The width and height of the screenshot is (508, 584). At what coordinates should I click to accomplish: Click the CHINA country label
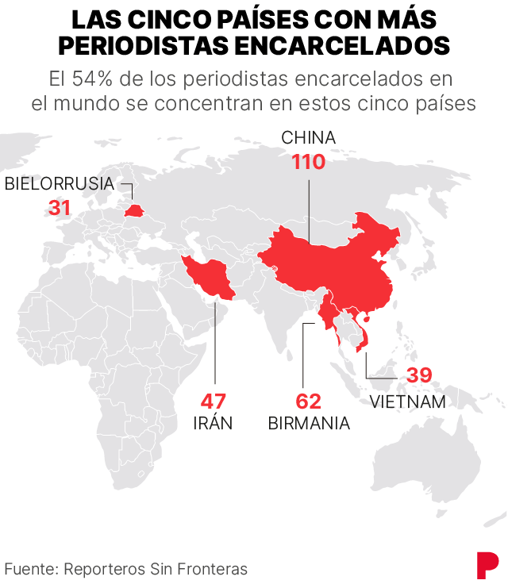(308, 138)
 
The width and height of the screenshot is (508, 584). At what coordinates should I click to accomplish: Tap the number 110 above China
(308, 163)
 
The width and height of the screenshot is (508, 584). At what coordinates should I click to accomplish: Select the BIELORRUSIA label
(60, 185)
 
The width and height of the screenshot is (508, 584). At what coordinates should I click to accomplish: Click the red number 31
(60, 208)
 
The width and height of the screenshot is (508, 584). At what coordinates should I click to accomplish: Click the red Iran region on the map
(208, 277)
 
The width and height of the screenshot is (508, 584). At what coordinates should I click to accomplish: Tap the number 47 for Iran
(214, 400)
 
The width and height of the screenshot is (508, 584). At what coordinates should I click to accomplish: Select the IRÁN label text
(214, 422)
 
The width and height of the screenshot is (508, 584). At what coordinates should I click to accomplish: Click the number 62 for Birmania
(309, 400)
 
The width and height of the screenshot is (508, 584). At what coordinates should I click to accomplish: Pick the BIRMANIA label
(309, 422)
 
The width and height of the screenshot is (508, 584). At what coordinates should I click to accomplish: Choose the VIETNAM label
(408, 401)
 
